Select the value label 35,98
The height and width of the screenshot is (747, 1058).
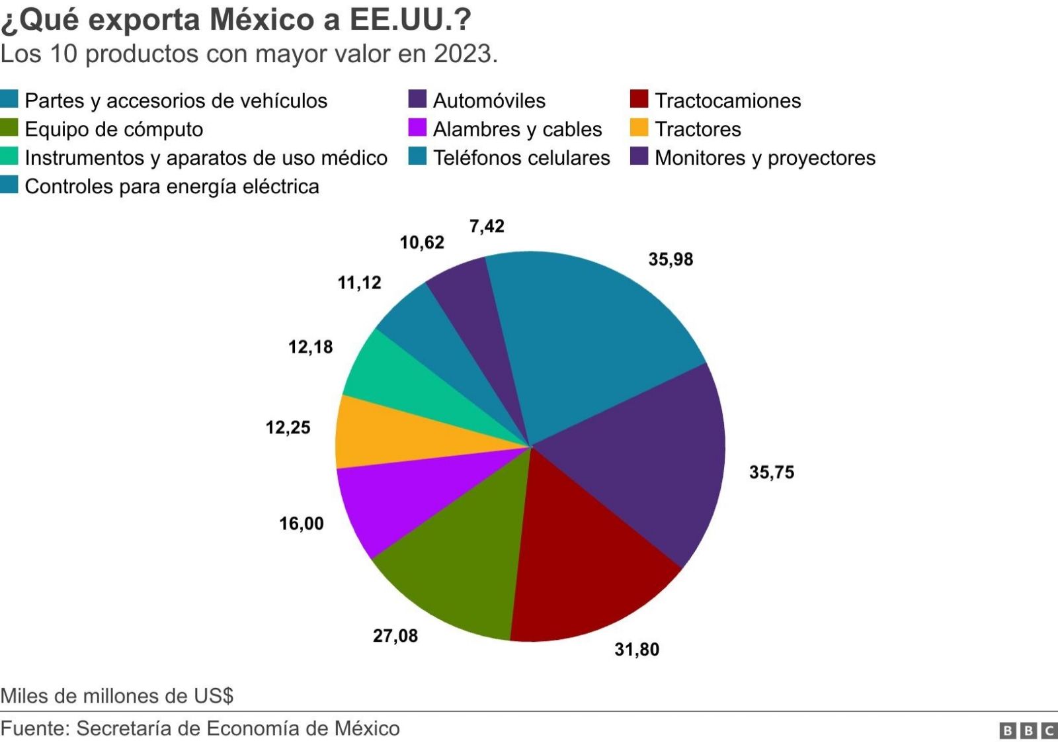pyautogui.click(x=671, y=259)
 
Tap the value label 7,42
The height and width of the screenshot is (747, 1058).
pyautogui.click(x=487, y=226)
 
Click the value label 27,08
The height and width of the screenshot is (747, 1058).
pyautogui.click(x=395, y=636)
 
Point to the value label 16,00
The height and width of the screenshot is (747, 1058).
pyautogui.click(x=302, y=523)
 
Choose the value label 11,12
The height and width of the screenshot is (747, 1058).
pyautogui.click(x=359, y=283)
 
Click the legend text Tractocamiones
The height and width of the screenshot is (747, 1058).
pyautogui.click(x=727, y=101)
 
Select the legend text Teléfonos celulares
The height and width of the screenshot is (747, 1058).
pyautogui.click(x=521, y=157)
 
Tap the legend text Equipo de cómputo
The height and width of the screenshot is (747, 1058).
pyautogui.click(x=114, y=129)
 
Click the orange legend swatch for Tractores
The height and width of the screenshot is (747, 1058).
pyautogui.click(x=639, y=128)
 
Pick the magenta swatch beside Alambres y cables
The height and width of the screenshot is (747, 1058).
pyautogui.click(x=417, y=128)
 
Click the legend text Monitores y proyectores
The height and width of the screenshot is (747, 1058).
pyautogui.click(x=764, y=157)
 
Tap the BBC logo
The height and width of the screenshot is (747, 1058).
pyautogui.click(x=1028, y=730)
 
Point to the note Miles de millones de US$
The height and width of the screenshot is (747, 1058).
pyautogui.click(x=117, y=695)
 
